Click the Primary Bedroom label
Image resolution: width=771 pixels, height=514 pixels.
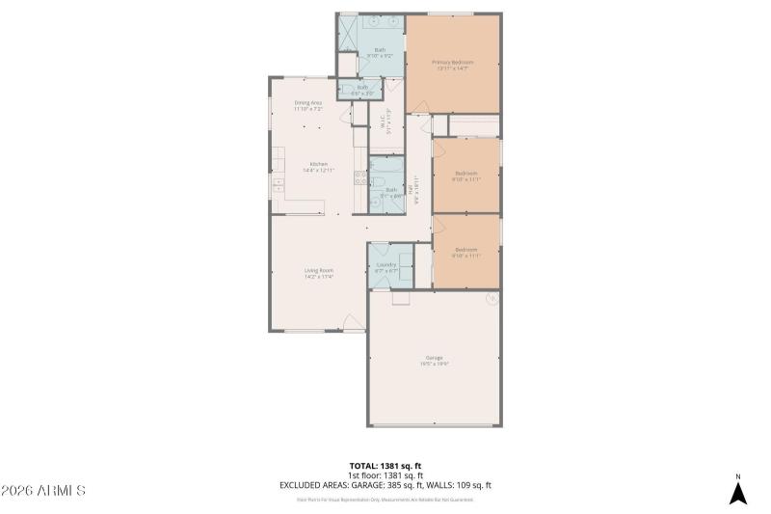click(x=452, y=64)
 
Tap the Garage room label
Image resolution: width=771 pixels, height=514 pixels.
click(x=435, y=360)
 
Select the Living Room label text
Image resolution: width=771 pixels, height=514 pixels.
click(x=318, y=273)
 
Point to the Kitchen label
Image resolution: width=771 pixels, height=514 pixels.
click(x=318, y=166)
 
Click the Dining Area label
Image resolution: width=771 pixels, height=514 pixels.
click(x=308, y=105)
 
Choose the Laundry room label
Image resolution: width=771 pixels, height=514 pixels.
click(x=386, y=267)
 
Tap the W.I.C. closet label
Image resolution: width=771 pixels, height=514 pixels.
click(x=387, y=124)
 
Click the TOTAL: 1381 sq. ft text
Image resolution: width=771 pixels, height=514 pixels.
click(x=385, y=466)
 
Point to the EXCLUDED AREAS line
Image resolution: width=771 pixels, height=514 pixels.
click(x=385, y=485)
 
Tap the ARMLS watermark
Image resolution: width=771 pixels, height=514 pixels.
click(x=43, y=491)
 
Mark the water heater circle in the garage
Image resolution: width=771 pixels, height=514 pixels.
click(x=491, y=299)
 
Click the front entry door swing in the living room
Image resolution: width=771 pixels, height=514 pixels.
click(x=354, y=324)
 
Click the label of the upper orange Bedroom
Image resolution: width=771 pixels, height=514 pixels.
click(x=466, y=176)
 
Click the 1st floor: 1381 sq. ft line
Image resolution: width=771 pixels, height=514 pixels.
click(x=385, y=475)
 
